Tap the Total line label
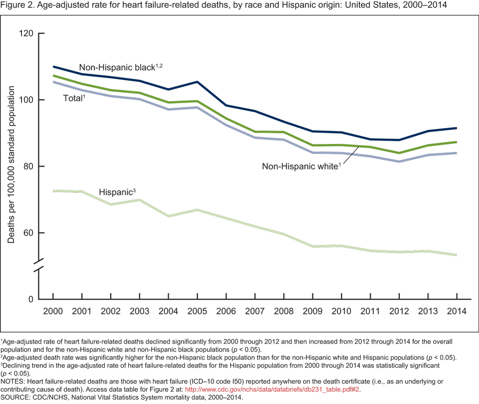tap(74, 98)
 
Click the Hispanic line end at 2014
tap(457, 255)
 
